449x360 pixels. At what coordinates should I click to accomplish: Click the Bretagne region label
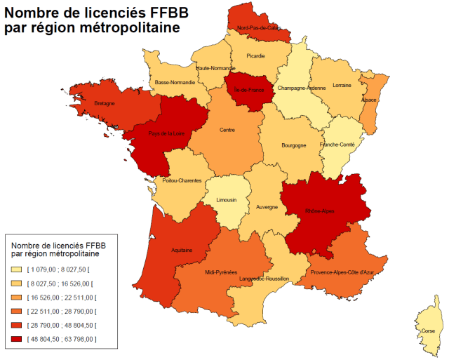pyautogui.click(x=104, y=103)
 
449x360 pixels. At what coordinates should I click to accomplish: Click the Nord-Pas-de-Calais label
pyautogui.click(x=259, y=28)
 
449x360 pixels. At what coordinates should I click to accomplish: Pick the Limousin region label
pyautogui.click(x=226, y=200)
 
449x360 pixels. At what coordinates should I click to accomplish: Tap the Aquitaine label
pyautogui.click(x=182, y=250)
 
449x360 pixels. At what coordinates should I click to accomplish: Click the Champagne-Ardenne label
pyautogui.click(x=302, y=88)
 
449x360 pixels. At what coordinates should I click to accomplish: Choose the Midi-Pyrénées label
pyautogui.click(x=221, y=272)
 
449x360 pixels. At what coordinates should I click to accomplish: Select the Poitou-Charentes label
pyautogui.click(x=182, y=180)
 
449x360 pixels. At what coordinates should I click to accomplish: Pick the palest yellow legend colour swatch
pyautogui.click(x=16, y=269)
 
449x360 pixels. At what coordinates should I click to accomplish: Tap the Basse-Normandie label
pyautogui.click(x=175, y=82)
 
